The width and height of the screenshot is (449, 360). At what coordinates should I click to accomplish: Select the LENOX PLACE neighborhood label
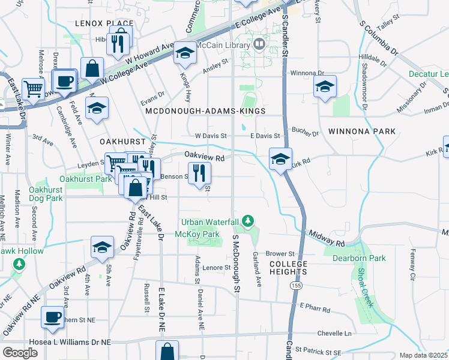(104, 23)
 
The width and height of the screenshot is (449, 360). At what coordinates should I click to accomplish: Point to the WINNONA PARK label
(362, 131)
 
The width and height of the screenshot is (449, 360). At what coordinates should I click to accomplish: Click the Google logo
(20, 352)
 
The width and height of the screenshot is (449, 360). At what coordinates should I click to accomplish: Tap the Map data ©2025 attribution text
(423, 355)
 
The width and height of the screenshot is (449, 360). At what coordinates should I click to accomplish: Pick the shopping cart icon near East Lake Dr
(34, 89)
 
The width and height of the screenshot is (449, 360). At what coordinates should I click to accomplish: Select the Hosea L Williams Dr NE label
(56, 342)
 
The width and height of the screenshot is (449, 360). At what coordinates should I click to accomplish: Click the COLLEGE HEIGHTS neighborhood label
(288, 268)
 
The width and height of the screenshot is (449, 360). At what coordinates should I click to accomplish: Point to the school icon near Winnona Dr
(324, 86)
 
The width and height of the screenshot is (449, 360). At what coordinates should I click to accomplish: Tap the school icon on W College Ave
(185, 55)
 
